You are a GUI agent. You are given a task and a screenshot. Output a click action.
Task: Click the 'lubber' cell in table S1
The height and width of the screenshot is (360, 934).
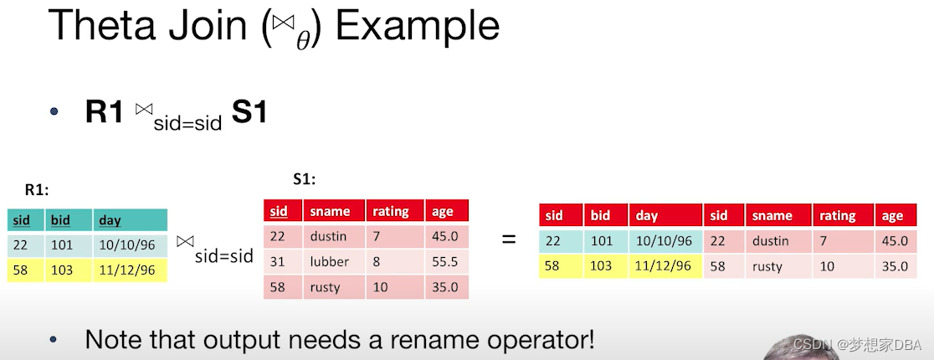point(334,262)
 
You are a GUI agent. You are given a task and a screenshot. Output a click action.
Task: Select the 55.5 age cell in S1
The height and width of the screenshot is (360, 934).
point(447,262)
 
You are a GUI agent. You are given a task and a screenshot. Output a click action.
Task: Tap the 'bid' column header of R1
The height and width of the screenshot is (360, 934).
point(69,220)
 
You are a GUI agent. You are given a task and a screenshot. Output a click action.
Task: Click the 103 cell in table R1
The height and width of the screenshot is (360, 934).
point(69,270)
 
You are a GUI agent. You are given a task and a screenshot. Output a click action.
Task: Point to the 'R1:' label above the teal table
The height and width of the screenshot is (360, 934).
point(36,191)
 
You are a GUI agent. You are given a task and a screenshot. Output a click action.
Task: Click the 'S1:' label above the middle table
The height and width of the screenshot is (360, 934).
point(305,179)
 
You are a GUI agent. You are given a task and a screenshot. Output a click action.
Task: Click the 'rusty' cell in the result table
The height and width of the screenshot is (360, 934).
point(778,266)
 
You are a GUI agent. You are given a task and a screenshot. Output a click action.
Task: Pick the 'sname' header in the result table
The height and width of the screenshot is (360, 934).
point(778,215)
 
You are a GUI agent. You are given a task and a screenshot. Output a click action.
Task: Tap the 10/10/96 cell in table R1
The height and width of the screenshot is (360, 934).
point(130,245)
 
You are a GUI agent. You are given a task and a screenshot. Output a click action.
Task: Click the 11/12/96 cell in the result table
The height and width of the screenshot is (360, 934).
point(665,266)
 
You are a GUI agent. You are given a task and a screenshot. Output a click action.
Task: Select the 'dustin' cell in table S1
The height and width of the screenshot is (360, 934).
point(334,236)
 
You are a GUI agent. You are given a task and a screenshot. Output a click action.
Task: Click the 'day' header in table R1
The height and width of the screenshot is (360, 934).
point(130,220)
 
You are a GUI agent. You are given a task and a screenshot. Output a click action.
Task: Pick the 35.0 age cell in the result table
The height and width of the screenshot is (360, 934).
point(896,266)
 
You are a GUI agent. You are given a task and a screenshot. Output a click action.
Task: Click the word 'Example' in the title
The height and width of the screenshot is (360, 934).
point(417,27)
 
